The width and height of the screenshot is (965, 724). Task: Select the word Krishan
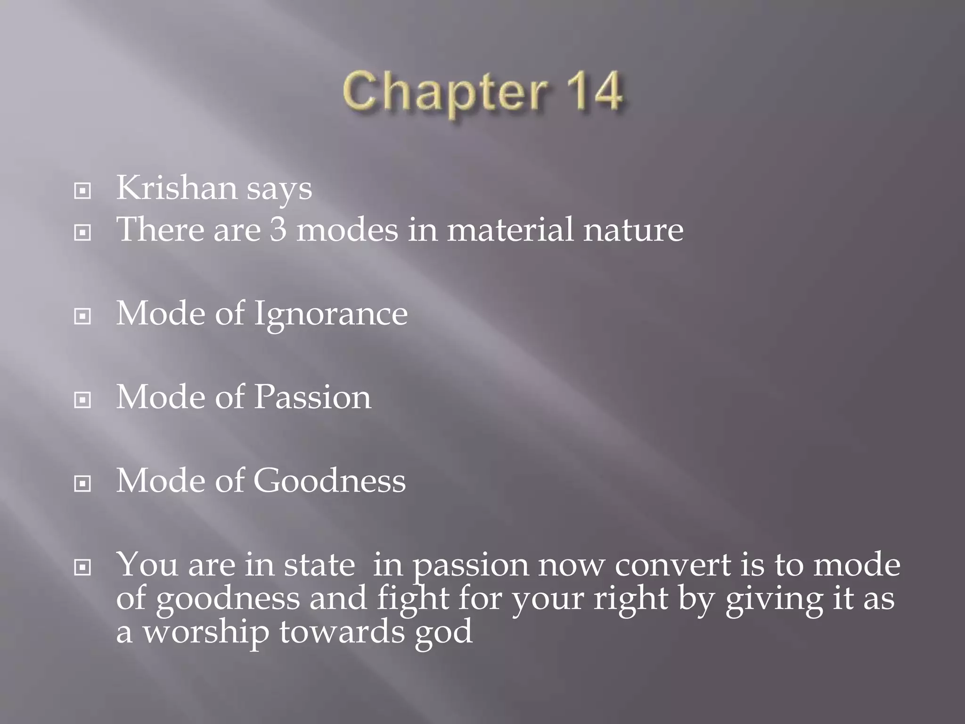[x=176, y=188]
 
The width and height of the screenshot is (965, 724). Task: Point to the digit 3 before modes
[x=278, y=230]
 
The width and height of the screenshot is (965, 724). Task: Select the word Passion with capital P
[x=313, y=397]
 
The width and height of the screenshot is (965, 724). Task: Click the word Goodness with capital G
[x=329, y=481]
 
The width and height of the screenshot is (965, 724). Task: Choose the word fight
[x=413, y=599]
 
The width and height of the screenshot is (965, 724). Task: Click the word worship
[x=206, y=633]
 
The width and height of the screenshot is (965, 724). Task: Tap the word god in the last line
[x=443, y=633]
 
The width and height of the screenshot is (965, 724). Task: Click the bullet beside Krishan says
[x=82, y=191]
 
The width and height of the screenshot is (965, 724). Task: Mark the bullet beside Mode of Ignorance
[x=82, y=316]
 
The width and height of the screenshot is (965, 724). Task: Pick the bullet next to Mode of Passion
[x=82, y=400]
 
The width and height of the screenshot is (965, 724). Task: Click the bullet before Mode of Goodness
[x=82, y=484]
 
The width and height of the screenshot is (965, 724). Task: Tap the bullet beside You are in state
[x=82, y=568]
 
